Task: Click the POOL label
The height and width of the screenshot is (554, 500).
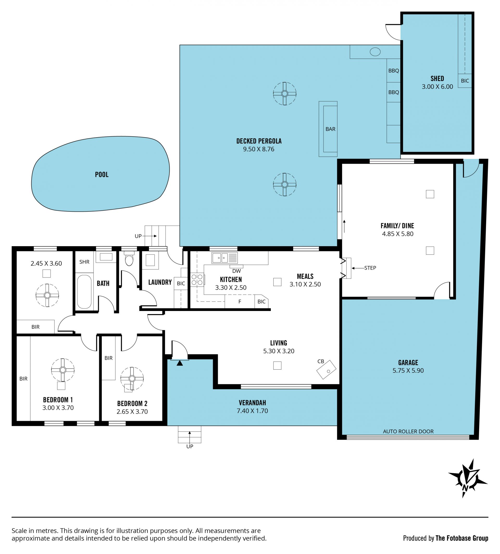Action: (102, 175)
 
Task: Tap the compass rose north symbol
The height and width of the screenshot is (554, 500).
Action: (468, 478)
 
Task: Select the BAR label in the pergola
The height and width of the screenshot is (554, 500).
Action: (330, 129)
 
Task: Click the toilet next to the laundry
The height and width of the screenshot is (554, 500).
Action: (129, 258)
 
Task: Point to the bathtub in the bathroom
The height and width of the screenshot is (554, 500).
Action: (84, 292)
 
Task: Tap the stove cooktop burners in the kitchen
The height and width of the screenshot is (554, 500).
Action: (197, 280)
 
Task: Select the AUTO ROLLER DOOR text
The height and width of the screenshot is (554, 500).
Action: (408, 431)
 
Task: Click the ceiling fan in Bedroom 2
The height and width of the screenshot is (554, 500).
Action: (132, 378)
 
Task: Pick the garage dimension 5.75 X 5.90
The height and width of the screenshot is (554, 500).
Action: (408, 370)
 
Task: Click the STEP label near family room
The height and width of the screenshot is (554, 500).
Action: (370, 268)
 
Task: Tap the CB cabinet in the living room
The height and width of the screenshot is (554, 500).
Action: (326, 370)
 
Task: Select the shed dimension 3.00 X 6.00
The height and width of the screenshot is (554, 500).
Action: (437, 86)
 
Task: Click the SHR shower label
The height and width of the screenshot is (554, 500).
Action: (84, 262)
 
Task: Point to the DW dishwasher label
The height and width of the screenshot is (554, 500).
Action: (236, 271)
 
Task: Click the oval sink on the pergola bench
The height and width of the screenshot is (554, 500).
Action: (375, 52)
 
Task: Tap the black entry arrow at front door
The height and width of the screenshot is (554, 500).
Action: (180, 363)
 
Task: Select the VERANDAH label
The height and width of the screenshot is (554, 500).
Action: (252, 403)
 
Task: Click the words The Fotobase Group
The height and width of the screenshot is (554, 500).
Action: (462, 538)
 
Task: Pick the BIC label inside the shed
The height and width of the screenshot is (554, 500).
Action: (465, 81)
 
